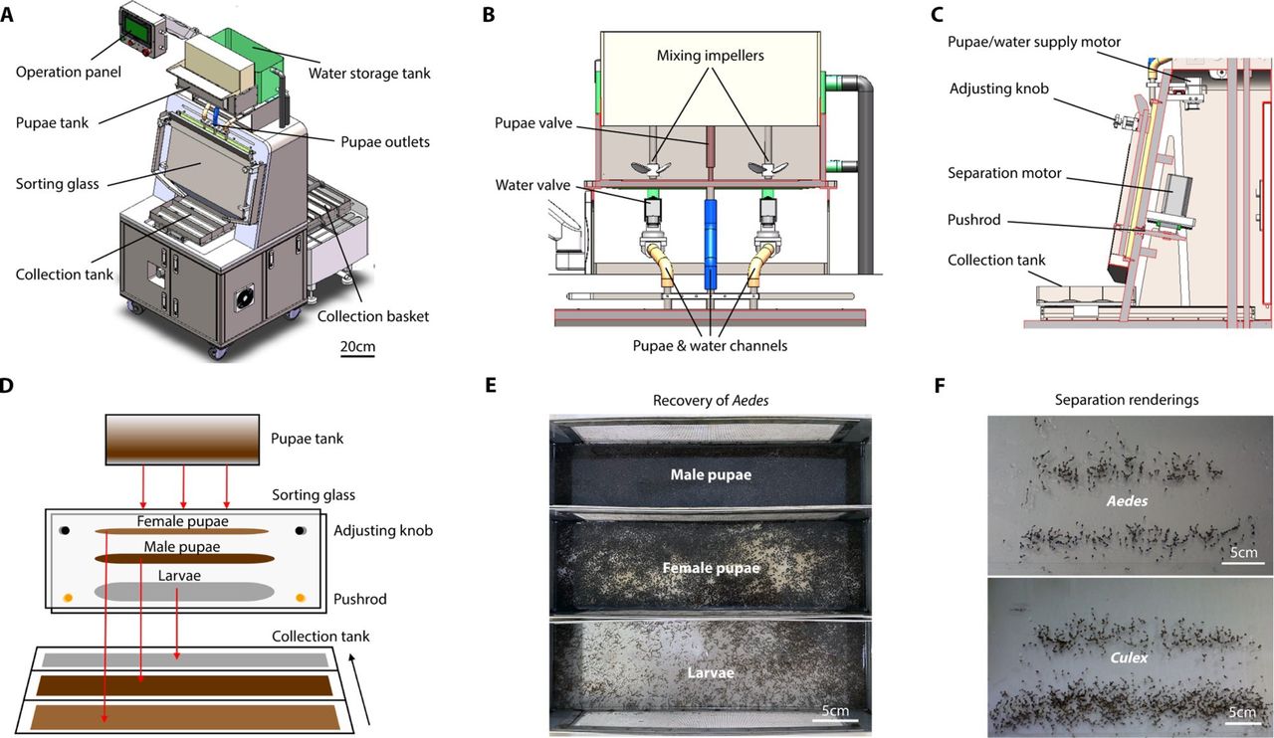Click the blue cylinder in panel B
coord(710,244)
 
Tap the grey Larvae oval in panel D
coord(184,591)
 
